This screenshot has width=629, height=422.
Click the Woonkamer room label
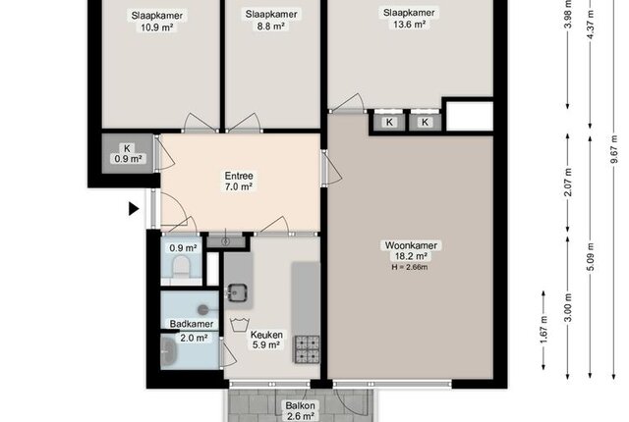[411, 245]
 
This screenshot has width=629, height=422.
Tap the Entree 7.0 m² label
[239, 181]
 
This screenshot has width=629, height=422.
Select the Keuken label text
[266, 335]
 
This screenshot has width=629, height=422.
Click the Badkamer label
[192, 324]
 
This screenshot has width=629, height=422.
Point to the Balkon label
[300, 405]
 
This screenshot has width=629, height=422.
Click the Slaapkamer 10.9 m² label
[157, 22]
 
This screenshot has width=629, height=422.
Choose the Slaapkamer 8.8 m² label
[271, 21]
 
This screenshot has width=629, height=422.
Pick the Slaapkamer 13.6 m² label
[409, 19]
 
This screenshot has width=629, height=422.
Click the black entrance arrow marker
[134, 209]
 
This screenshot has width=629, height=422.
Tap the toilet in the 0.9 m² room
[181, 266]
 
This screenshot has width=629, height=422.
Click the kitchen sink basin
[237, 292]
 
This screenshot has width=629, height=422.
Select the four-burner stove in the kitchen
[308, 349]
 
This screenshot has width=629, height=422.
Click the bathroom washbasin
[168, 352]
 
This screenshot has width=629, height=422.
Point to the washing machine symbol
[240, 324]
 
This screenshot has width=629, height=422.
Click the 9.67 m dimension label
[613, 149]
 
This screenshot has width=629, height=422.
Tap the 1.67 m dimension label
[543, 330]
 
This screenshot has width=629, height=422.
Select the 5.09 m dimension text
[591, 257]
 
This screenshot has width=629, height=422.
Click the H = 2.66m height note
[410, 267]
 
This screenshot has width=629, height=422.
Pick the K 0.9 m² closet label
[128, 154]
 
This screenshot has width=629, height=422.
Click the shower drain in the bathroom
[203, 309]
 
